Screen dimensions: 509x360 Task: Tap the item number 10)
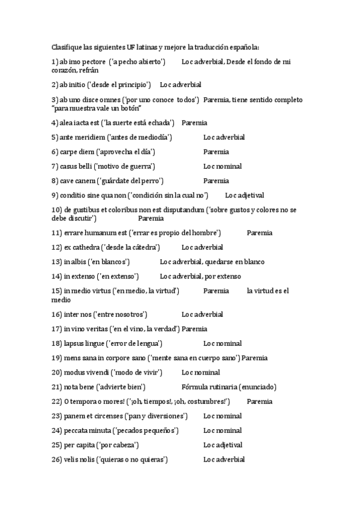(57, 209)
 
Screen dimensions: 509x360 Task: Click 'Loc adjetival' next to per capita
(223, 445)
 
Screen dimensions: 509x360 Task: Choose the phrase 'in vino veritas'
(86, 329)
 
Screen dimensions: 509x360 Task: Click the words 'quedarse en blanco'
(238, 262)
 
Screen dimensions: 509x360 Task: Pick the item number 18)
(57, 343)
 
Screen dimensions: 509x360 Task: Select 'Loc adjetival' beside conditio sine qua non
(244, 195)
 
